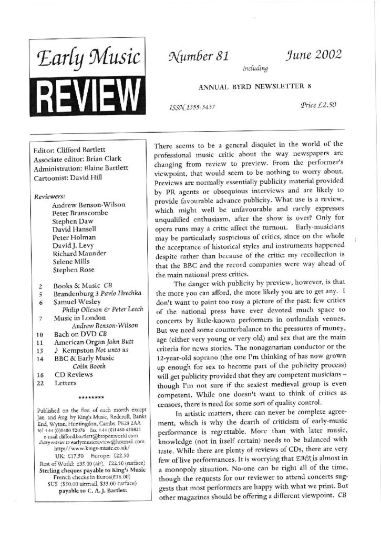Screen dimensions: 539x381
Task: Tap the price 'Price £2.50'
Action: tap(318, 105)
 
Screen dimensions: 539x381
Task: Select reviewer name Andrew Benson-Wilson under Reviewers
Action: tap(90, 204)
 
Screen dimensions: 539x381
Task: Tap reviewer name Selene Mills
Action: tap(74, 262)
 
